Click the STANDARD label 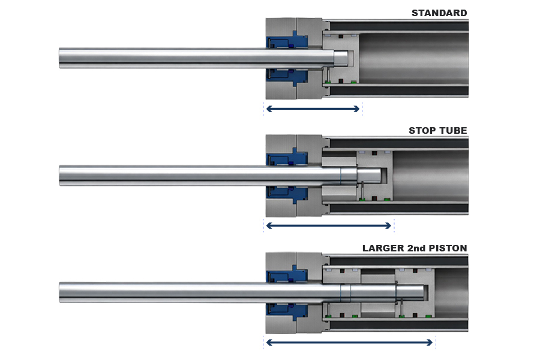point(439,13)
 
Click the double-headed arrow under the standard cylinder point(313,109)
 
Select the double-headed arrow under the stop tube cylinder point(329,226)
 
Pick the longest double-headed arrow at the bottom point(350,343)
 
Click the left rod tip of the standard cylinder point(60,58)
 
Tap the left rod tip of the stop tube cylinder point(60,175)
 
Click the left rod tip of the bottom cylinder point(60,292)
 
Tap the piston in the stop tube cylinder point(374,176)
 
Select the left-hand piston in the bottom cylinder point(341,293)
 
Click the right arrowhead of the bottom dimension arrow point(430,343)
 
